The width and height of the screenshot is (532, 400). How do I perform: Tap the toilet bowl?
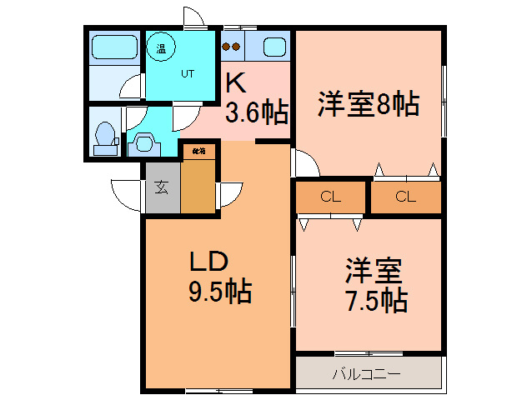click(x=106, y=134)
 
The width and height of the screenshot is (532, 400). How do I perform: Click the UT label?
click(x=188, y=73)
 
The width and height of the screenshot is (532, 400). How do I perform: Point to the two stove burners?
click(x=232, y=47)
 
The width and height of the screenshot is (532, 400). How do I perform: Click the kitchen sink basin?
click(x=274, y=47)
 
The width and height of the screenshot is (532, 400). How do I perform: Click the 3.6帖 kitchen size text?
click(x=257, y=112)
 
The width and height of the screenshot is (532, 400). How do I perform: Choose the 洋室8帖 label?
click(x=367, y=105)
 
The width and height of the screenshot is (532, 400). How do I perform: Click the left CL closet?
click(x=331, y=197)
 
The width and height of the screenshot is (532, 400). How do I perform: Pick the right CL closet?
click(x=405, y=197)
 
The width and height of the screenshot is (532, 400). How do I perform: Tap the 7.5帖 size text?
click(x=375, y=300)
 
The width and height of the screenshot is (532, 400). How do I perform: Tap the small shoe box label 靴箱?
click(x=198, y=152)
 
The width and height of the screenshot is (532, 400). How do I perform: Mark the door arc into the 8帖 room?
click(x=305, y=162)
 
